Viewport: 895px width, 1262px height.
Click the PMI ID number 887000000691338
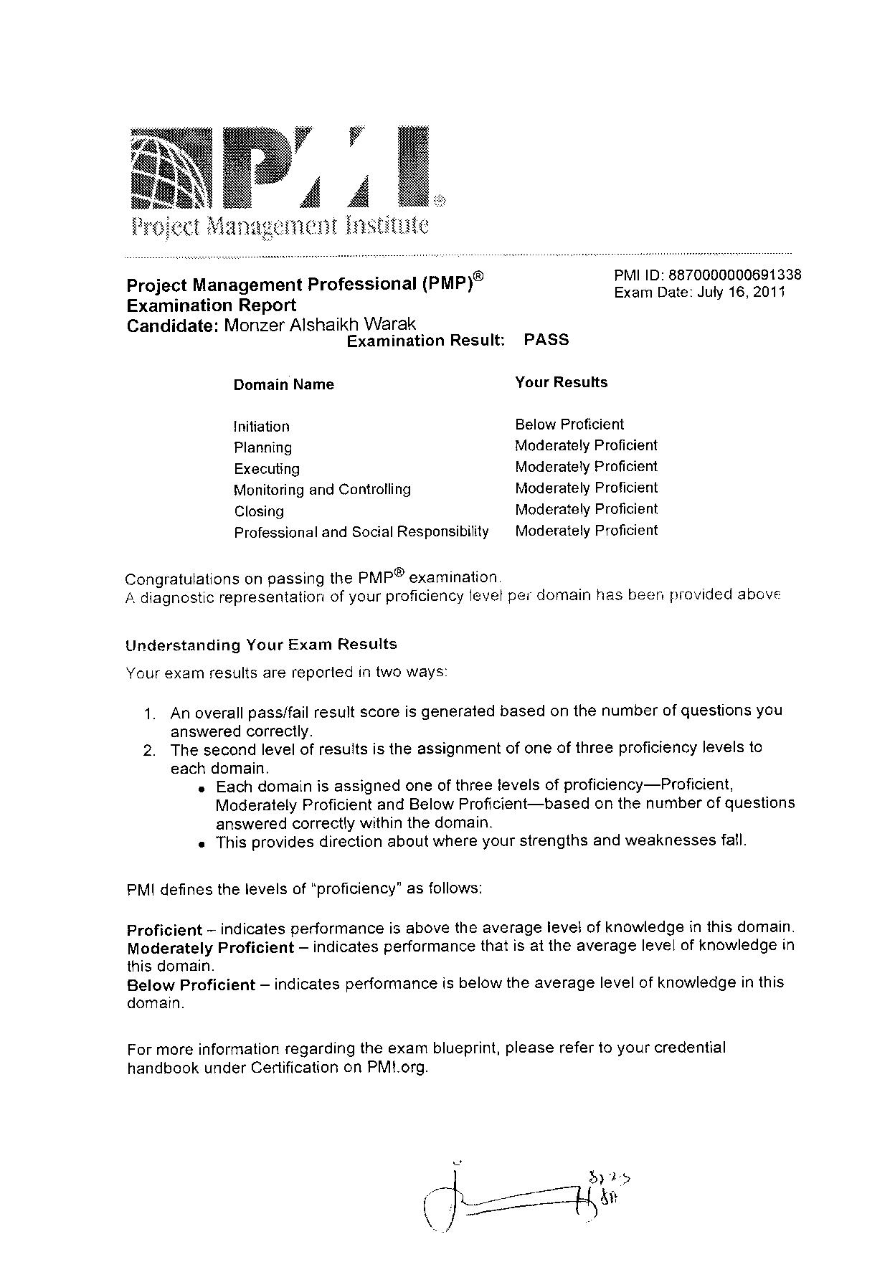click(x=734, y=275)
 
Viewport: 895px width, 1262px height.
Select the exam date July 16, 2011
click(x=742, y=293)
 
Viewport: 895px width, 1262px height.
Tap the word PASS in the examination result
click(x=546, y=339)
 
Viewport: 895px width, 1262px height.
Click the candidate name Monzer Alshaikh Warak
click(x=320, y=325)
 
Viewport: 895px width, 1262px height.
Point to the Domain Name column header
click(x=283, y=384)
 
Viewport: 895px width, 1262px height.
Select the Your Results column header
click(x=561, y=382)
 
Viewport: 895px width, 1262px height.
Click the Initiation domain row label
click(x=261, y=427)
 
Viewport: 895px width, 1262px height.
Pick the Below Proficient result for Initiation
click(x=569, y=424)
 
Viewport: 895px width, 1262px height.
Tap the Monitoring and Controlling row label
click(x=322, y=490)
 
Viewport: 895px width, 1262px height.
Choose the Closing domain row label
click(x=258, y=511)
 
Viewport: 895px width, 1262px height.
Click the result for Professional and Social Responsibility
click(x=586, y=531)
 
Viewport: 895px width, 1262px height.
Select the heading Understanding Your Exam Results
click(x=261, y=645)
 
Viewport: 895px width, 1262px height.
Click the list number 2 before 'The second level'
click(x=149, y=751)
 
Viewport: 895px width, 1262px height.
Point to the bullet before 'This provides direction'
click(x=203, y=844)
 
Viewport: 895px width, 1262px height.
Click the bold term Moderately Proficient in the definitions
click(x=210, y=948)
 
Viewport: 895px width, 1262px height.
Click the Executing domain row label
click(x=266, y=469)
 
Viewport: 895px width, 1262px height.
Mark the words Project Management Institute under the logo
click(x=280, y=227)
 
